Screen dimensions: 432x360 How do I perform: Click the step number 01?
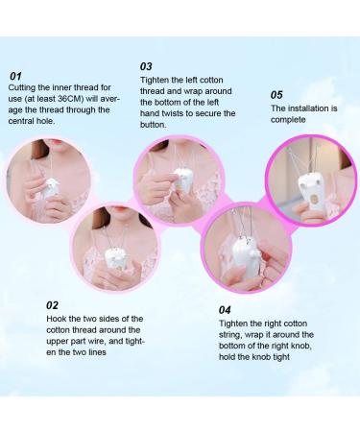click(x=15, y=76)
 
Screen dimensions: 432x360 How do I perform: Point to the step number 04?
click(x=226, y=309)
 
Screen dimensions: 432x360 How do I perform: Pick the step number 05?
click(x=276, y=95)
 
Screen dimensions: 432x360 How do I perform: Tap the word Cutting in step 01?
click(x=23, y=88)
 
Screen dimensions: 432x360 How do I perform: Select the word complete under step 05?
click(x=288, y=121)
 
